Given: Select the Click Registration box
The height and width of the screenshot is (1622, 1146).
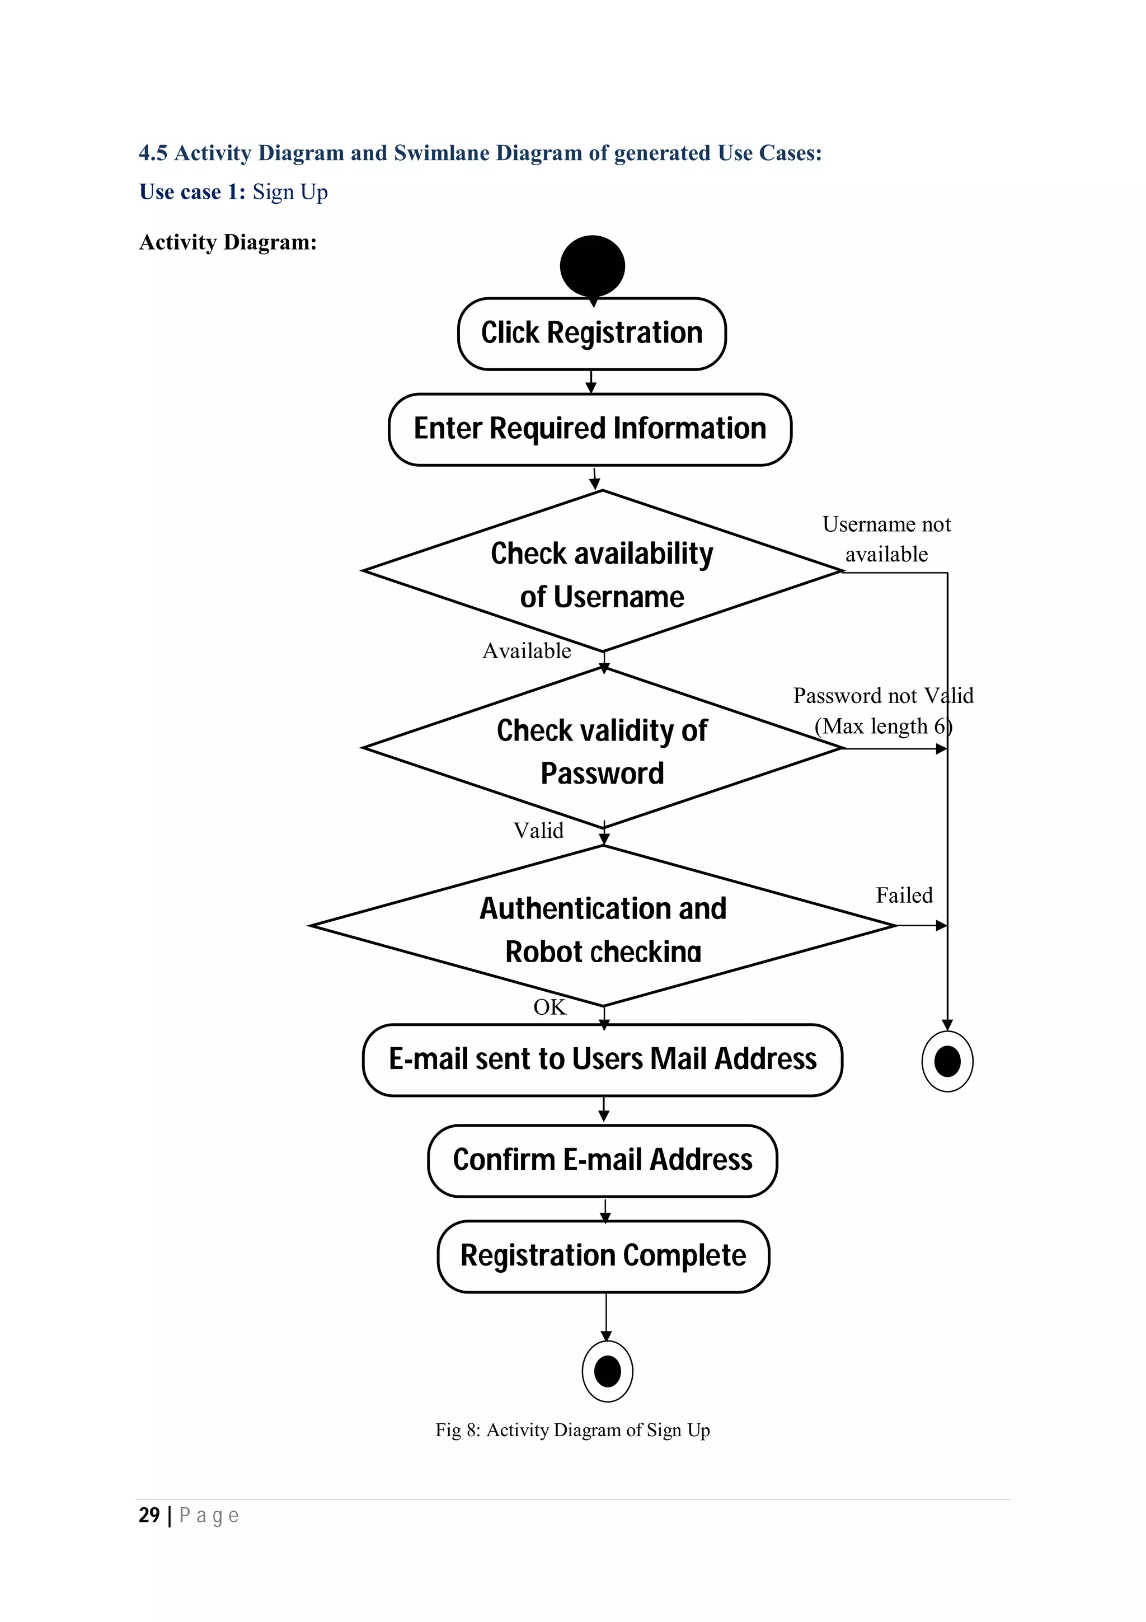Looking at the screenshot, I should [x=591, y=334].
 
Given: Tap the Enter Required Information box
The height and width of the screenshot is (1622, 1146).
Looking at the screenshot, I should [x=590, y=429].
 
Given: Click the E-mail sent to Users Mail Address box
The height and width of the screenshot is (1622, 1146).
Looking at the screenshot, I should [x=602, y=1059].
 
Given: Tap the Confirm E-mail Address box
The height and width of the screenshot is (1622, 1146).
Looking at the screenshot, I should [x=602, y=1160].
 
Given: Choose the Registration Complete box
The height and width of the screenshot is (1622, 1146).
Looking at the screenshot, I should [x=603, y=1255].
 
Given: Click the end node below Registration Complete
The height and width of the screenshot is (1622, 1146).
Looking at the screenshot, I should [x=607, y=1371].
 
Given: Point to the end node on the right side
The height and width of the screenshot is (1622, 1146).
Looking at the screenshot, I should [x=947, y=1061].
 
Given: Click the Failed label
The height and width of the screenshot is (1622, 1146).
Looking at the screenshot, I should [x=904, y=895].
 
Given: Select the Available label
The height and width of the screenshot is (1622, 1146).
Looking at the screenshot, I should [x=527, y=650].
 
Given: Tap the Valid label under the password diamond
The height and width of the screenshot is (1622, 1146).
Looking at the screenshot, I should [x=538, y=830].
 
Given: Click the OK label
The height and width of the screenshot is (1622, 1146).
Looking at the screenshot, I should [x=549, y=1007].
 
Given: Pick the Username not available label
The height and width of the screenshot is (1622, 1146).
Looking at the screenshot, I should [x=886, y=539].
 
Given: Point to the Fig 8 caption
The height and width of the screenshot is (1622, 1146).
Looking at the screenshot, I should [x=572, y=1430].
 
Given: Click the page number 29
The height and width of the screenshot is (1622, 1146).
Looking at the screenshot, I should [x=149, y=1515].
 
